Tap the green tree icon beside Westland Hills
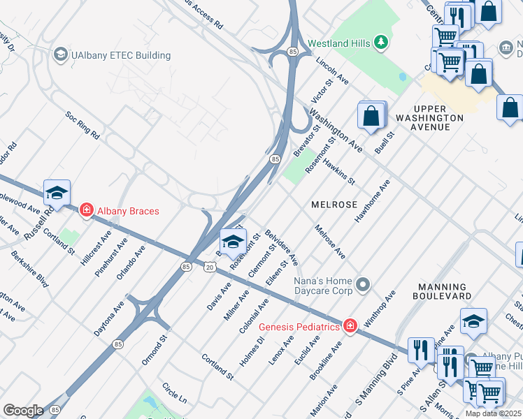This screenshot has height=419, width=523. [380, 43]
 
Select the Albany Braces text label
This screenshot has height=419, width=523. [129, 211]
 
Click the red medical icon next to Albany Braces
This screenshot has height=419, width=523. [87, 209]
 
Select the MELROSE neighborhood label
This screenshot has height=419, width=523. [334, 205]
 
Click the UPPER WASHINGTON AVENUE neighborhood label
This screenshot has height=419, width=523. [438, 118]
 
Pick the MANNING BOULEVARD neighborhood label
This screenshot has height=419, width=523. [443, 292]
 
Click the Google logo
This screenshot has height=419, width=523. [22, 411]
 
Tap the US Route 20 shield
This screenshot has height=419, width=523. [210, 267]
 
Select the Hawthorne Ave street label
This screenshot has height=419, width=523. [371, 203]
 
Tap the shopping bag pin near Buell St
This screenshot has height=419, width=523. [371, 115]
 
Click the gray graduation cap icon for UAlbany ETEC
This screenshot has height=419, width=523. [61, 54]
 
